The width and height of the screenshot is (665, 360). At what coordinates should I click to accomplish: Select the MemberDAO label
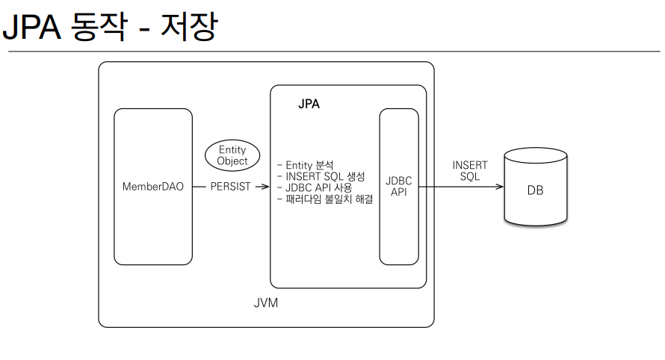pos(152,187)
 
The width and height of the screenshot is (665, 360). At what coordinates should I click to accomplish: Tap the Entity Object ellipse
pos(232,155)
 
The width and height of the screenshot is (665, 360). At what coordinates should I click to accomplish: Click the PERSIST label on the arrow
pos(230,187)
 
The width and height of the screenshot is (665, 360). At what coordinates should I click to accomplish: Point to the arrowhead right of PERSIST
pos(265,187)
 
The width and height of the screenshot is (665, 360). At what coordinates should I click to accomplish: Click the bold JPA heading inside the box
pos(309,105)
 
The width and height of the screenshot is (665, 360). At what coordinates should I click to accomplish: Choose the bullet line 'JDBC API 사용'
pos(314,187)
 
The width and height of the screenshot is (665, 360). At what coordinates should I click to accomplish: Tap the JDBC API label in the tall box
pos(398,187)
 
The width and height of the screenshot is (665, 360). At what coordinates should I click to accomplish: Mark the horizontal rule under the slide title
pos(332,51)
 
